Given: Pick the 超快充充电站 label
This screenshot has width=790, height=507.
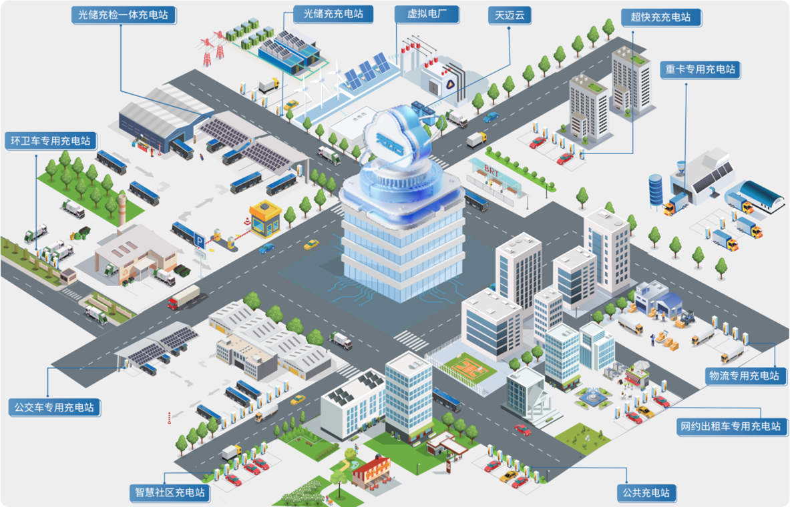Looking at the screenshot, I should tap(660, 17).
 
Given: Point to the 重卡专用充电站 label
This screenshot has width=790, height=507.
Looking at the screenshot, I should tap(701, 69).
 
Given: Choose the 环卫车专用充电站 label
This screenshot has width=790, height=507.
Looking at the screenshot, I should tap(51, 141).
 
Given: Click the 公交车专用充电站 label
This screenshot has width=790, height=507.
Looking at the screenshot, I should tap(55, 407).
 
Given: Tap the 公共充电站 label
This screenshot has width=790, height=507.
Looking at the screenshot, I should tap(646, 493).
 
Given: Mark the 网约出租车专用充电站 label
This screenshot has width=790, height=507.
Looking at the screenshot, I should tap(733, 426).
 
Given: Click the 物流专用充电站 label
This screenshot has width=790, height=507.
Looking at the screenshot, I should tap(743, 376).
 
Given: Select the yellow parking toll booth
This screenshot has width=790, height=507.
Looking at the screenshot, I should tap(265, 219).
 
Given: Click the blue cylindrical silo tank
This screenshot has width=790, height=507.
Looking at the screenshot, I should tap(656, 189).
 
